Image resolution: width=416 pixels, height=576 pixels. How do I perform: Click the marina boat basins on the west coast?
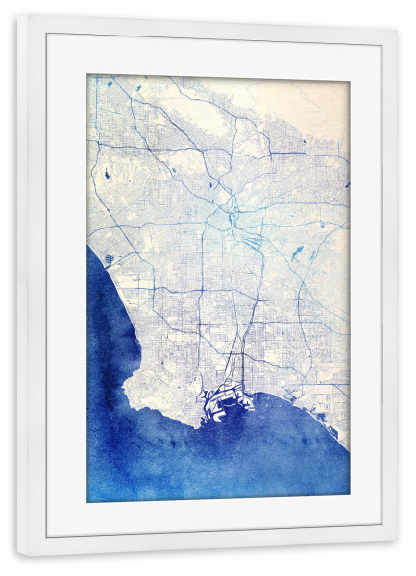coord(109,259)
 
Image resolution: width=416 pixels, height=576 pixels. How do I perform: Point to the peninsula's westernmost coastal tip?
coord(126,389)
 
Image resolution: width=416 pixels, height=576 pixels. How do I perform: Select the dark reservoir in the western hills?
coord(104,176)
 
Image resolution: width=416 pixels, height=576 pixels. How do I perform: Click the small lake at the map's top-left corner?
coord(110,84)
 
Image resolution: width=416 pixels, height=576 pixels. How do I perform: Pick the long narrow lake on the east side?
coord(297,253)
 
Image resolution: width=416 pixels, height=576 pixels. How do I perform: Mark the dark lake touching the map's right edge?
coord(346,182)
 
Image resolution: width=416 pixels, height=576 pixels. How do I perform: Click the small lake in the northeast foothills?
coord(305,142)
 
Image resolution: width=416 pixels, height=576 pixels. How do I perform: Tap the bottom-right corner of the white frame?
coord(397,555)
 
